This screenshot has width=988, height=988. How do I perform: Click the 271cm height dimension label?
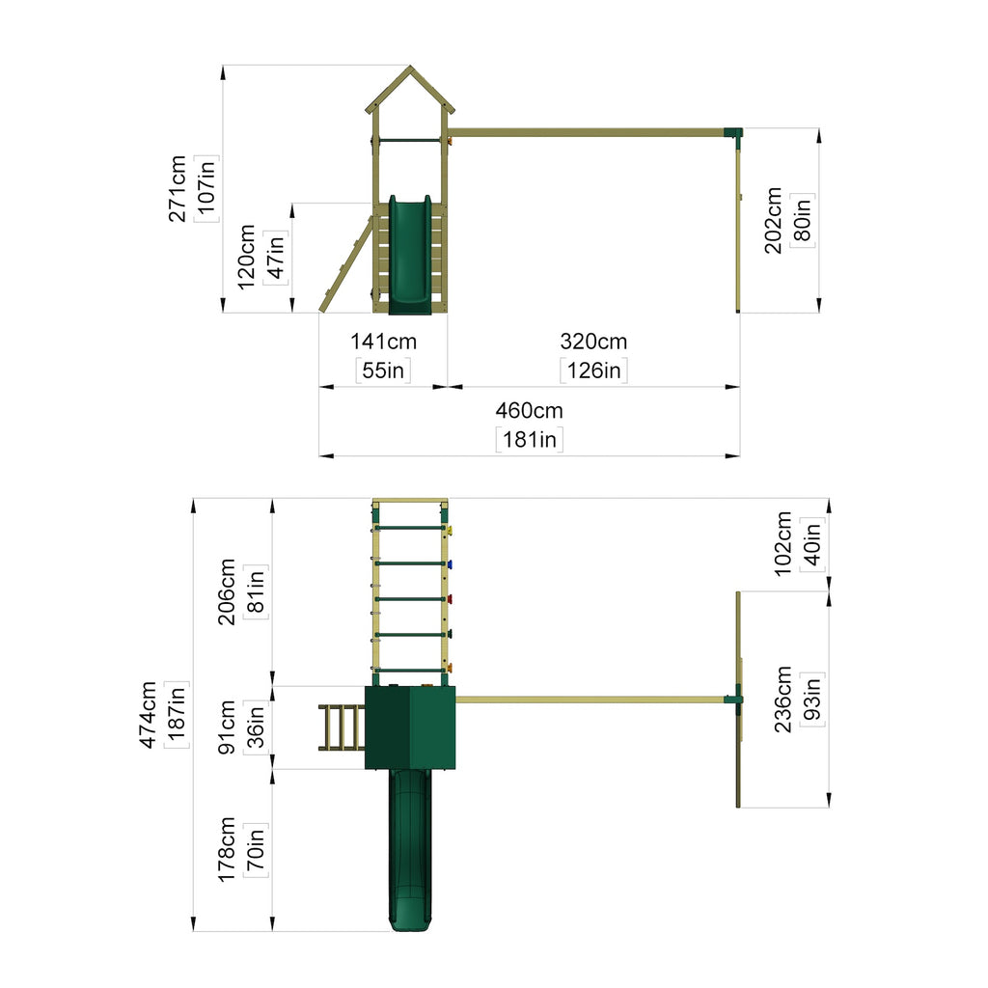tap(178, 188)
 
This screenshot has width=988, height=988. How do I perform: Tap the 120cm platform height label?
tap(246, 257)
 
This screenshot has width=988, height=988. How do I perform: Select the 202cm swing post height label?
tap(773, 221)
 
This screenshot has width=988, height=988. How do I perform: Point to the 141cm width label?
tap(383, 342)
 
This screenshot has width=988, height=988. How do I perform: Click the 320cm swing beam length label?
tap(593, 342)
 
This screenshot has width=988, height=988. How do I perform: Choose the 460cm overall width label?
tap(530, 411)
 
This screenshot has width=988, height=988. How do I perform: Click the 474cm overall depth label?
tap(148, 715)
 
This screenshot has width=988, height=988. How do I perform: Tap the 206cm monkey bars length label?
tap(227, 591)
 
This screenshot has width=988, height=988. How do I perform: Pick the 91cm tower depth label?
tap(227, 727)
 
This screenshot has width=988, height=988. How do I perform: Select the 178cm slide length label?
tap(227, 850)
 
